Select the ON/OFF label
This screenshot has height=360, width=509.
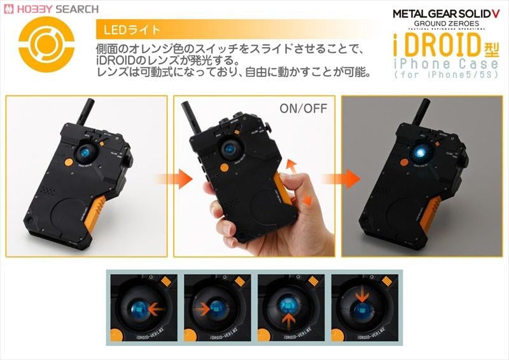tap(303, 108)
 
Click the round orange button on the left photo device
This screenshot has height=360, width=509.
tap(68, 162)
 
